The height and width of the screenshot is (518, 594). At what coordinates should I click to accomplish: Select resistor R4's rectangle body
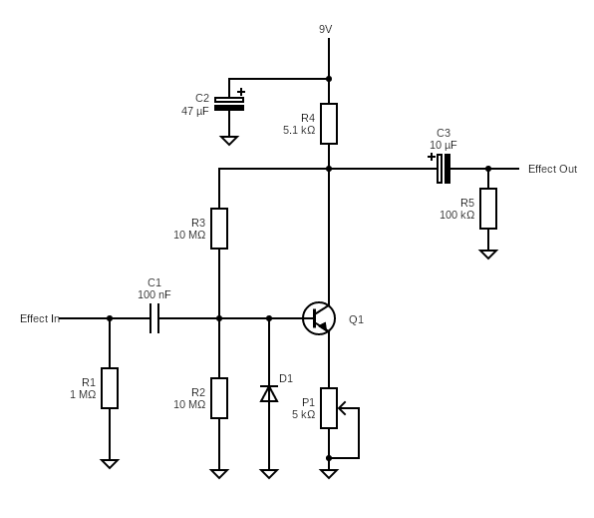[329, 124]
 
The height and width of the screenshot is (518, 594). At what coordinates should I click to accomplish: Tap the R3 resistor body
[219, 229]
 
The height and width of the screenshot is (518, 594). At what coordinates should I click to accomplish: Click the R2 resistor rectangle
[219, 398]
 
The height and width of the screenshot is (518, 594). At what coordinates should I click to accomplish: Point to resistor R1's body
[110, 388]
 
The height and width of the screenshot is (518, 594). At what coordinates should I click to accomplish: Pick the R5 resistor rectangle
[488, 209]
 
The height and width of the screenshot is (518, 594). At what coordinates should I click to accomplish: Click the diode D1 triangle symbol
[269, 393]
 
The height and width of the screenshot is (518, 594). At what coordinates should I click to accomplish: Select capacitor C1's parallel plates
[154, 318]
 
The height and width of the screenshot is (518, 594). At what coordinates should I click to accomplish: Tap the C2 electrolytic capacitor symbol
[229, 104]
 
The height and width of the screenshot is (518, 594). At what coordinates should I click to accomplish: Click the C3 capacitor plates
[444, 169]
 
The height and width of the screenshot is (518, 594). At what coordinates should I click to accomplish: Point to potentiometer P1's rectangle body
[329, 408]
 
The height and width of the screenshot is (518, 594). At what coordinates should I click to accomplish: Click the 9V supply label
[326, 29]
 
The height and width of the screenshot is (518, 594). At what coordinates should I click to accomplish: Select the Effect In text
[40, 318]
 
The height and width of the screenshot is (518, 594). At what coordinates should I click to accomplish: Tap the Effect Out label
[552, 169]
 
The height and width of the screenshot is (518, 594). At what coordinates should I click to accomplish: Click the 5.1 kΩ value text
[299, 130]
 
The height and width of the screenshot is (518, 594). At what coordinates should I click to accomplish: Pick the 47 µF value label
[195, 111]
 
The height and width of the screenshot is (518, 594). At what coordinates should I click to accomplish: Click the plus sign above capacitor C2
[241, 92]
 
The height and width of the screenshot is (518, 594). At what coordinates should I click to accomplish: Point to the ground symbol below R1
[110, 464]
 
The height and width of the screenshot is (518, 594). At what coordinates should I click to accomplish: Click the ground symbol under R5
[488, 254]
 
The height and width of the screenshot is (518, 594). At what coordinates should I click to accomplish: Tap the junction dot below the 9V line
[329, 79]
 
